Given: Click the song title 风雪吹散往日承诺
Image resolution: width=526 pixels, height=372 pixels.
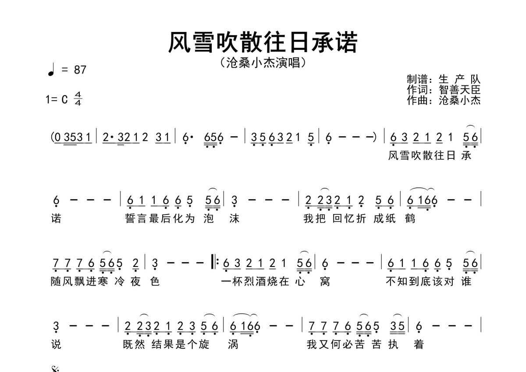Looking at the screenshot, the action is (263, 42).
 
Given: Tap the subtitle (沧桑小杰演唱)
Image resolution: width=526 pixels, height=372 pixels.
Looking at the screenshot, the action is (263, 63).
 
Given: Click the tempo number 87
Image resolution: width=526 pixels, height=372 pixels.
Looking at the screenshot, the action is (80, 70).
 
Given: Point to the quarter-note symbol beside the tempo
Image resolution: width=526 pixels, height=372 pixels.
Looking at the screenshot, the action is (51, 70).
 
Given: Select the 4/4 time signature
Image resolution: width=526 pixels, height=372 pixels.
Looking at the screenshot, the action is (78, 98).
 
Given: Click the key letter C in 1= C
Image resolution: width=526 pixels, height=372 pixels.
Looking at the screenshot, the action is (64, 99).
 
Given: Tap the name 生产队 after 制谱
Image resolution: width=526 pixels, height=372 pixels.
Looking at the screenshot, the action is (459, 79).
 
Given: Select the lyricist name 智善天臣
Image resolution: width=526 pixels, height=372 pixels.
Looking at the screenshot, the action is (459, 90).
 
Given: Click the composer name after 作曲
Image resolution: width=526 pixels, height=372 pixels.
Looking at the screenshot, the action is (459, 100).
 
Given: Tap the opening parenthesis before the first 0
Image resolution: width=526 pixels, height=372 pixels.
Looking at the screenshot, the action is (52, 137).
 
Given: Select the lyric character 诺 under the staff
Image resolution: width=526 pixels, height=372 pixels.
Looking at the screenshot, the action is (56, 219).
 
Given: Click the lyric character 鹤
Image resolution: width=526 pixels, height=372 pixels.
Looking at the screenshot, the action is (410, 219).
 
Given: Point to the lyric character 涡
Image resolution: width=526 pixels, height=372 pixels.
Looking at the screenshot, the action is (233, 344).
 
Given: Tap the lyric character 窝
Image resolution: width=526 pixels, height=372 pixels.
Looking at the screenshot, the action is (325, 281).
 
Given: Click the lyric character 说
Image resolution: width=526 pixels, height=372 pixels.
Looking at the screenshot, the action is (56, 344).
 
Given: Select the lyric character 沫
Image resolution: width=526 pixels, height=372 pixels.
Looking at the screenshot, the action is (234, 219).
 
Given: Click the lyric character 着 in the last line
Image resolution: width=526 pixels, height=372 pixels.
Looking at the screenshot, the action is (419, 344).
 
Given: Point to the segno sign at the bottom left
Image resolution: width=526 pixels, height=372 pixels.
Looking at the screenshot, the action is (55, 369).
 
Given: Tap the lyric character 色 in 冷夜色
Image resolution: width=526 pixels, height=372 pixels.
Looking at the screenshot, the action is (155, 281).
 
